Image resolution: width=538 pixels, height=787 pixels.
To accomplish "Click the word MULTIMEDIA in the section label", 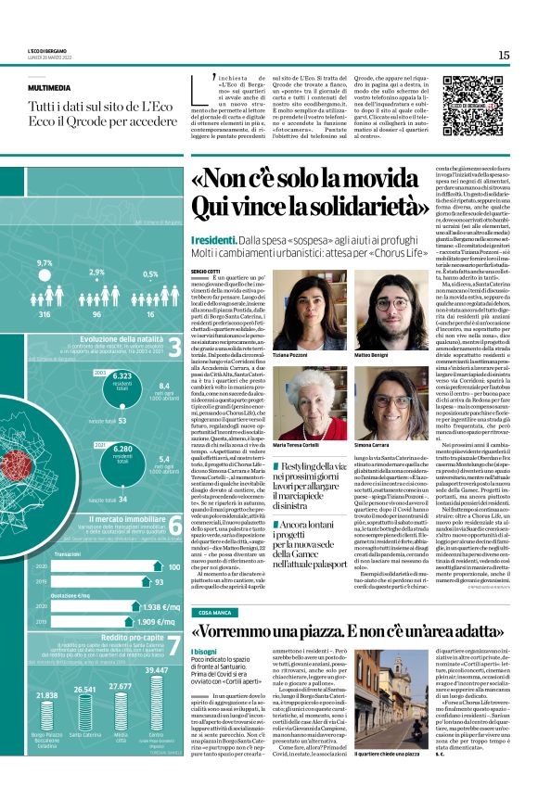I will click(x=45, y=88).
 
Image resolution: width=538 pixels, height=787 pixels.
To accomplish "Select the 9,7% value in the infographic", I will click(x=45, y=264).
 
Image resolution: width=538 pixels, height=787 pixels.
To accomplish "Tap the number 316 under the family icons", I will click(x=43, y=314).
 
